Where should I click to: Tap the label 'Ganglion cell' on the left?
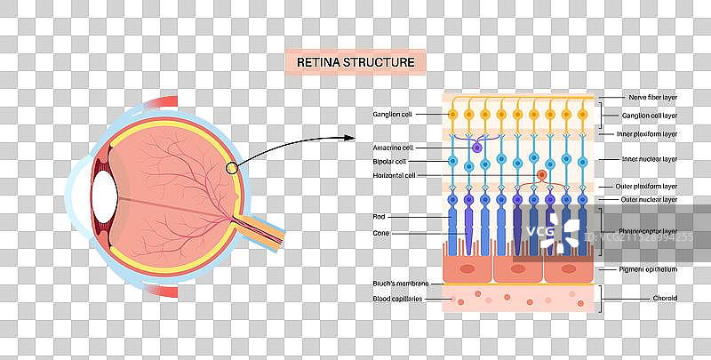coord(394,115)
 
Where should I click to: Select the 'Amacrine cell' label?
coord(395,148)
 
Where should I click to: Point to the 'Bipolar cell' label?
coord(390,162)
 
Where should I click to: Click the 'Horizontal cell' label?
coord(394,176)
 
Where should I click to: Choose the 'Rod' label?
coord(379,216)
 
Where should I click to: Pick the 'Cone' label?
coord(381,233)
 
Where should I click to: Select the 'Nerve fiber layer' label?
coord(652,97)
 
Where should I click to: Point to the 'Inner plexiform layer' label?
coord(647,134)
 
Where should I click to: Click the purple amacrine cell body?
coord(477,148)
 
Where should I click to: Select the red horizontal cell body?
coord(541,175)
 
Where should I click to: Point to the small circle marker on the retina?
coord(231,167)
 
